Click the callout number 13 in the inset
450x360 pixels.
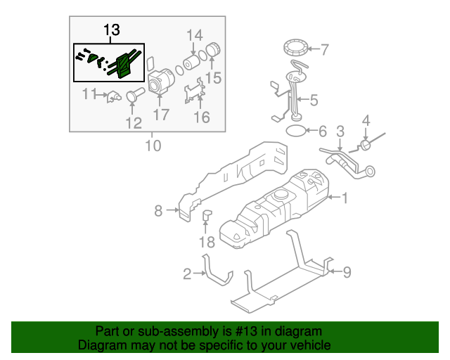[112, 30]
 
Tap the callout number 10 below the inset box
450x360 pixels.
[153, 146]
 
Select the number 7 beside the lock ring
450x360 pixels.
[324, 50]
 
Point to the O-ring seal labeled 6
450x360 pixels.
[297, 131]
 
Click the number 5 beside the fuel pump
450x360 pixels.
[313, 101]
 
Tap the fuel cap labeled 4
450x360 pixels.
[366, 145]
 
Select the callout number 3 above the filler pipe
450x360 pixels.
[340, 131]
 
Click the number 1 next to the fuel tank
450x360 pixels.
[345, 198]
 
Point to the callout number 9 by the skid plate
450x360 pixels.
[346, 271]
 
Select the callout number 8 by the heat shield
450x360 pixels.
[158, 210]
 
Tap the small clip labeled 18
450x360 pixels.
[207, 216]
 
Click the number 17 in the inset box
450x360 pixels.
[161, 115]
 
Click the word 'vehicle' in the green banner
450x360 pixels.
[304, 345]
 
